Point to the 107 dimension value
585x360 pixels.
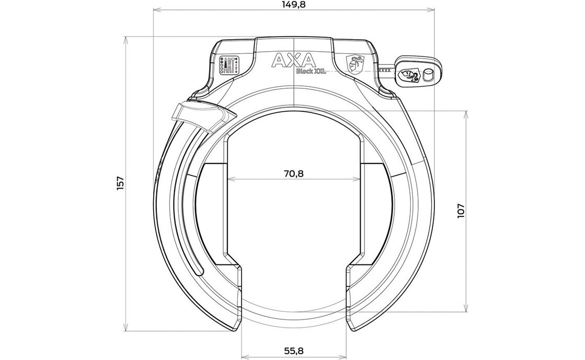coord(460,211)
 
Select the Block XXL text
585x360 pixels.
coord(311,72)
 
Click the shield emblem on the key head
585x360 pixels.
coord(407,75)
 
